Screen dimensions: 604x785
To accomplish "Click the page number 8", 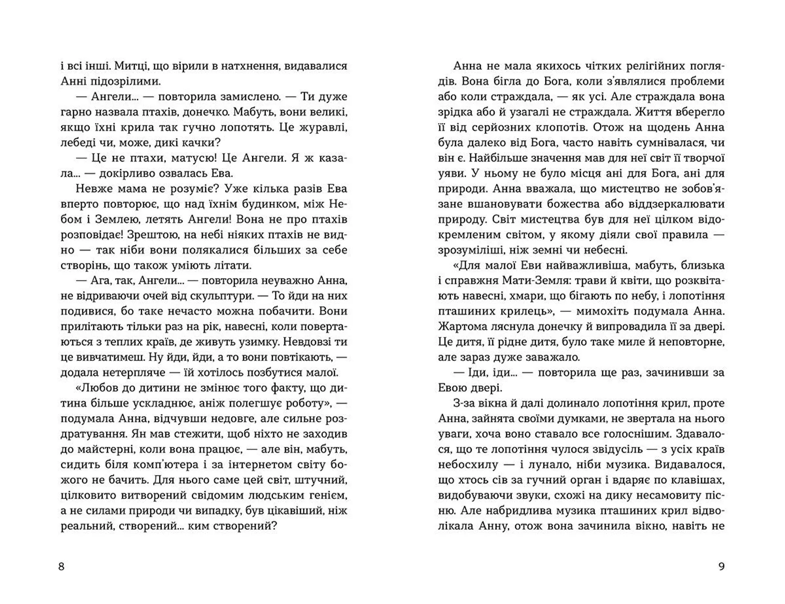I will click(62, 566).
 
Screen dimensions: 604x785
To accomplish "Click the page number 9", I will click(721, 566).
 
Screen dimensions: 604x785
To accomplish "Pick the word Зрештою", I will click(152, 235).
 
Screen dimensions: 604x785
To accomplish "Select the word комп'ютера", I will click(168, 465).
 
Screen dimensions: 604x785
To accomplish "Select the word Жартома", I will click(463, 327).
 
